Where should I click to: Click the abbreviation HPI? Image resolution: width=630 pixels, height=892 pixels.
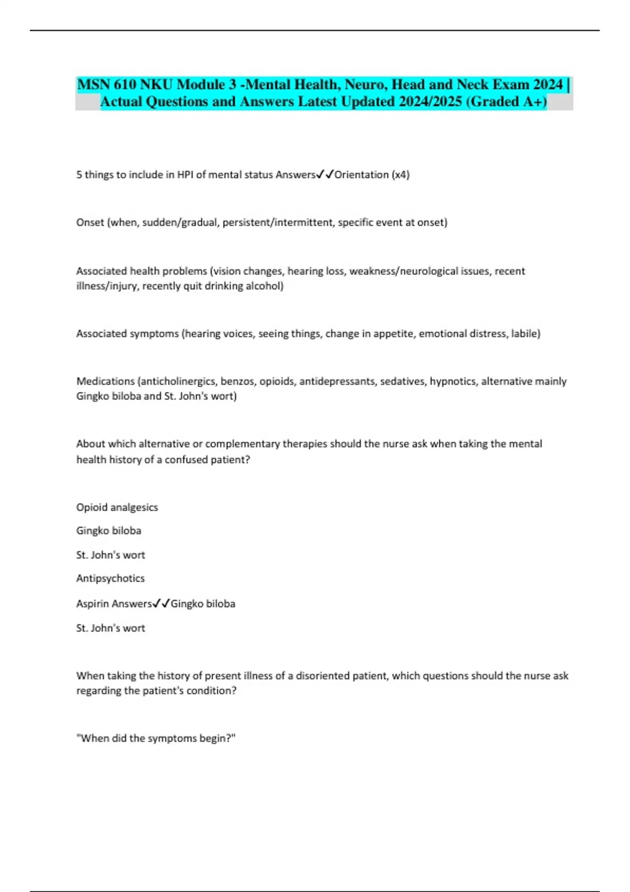pyautogui.click(x=185, y=175)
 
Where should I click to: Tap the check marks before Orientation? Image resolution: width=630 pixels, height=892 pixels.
pyautogui.click(x=325, y=175)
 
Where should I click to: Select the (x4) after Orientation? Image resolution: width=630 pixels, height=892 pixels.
pyautogui.click(x=400, y=175)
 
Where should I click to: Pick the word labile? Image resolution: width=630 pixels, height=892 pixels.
pyautogui.click(x=525, y=334)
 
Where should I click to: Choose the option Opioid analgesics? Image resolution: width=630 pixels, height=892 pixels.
pyautogui.click(x=117, y=507)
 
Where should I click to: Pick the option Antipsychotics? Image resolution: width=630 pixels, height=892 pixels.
pyautogui.click(x=110, y=578)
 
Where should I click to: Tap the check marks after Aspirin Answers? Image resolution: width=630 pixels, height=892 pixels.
pyautogui.click(x=161, y=604)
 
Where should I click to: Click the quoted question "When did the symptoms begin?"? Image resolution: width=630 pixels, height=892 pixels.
pyautogui.click(x=156, y=738)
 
